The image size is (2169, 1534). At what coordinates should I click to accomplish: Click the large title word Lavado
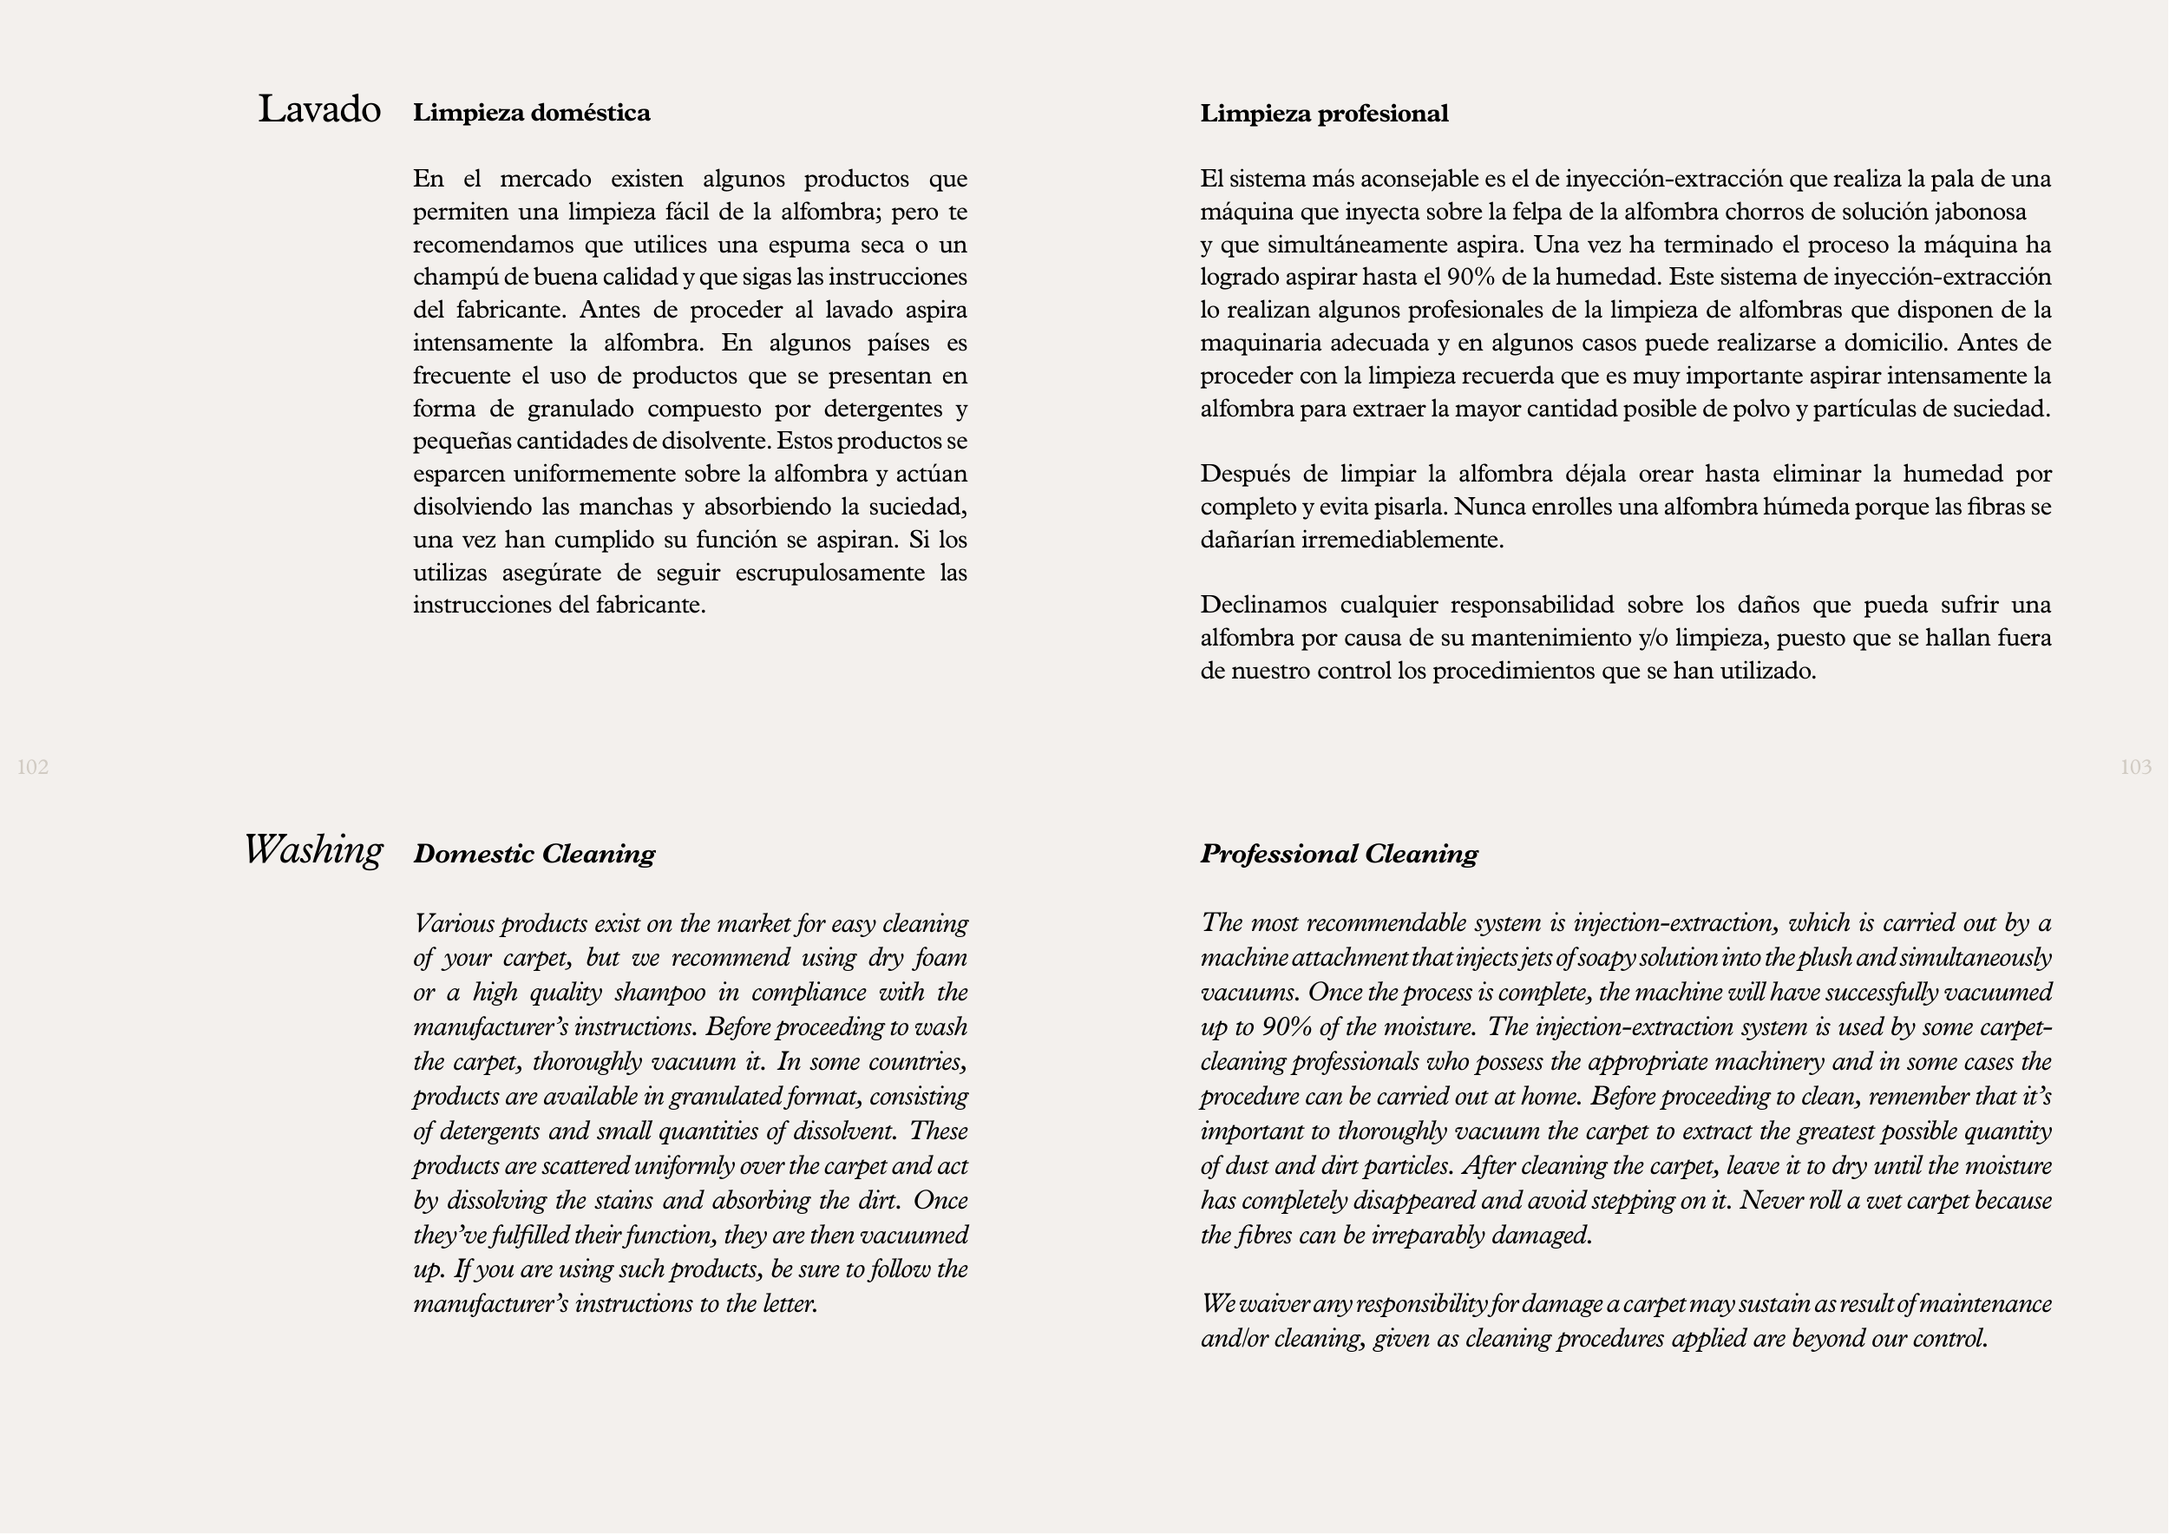tap(319, 109)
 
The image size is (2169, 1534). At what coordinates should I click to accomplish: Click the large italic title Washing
tap(313, 850)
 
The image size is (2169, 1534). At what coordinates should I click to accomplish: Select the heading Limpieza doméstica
tap(531, 114)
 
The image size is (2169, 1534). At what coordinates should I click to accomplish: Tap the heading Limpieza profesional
tap(1323, 115)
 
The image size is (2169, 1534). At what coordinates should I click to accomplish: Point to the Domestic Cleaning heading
tap(534, 854)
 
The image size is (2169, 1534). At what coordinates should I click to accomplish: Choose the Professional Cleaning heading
tap(1339, 854)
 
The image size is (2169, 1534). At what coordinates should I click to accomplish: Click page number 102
tap(33, 767)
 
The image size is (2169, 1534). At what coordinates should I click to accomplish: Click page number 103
tap(2135, 767)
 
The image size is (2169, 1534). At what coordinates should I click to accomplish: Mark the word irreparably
tap(1427, 1236)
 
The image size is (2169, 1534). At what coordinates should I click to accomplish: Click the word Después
tap(1242, 475)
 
